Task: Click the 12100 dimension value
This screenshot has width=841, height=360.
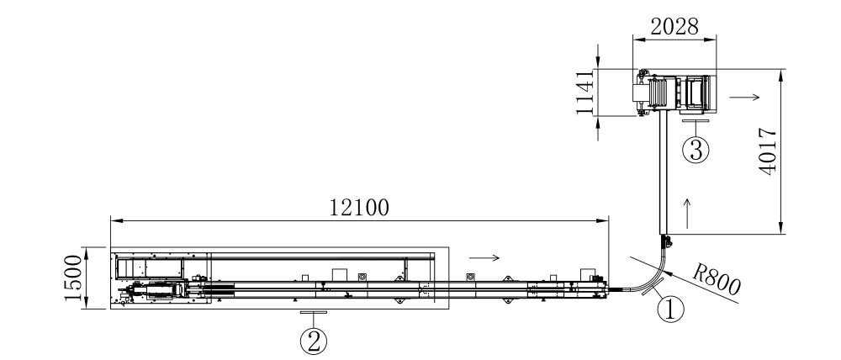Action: pos(359,207)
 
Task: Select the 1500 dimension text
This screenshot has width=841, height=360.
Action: pos(73,278)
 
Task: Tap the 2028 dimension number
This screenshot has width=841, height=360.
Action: pos(674,26)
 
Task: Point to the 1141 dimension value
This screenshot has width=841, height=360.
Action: pos(585,92)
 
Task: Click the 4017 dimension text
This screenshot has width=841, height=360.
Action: pos(768,151)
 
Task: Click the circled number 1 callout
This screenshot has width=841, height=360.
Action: pos(671,310)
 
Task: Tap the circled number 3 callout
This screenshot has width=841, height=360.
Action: pos(696,150)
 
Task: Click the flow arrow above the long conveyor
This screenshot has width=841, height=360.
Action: pos(484,258)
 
